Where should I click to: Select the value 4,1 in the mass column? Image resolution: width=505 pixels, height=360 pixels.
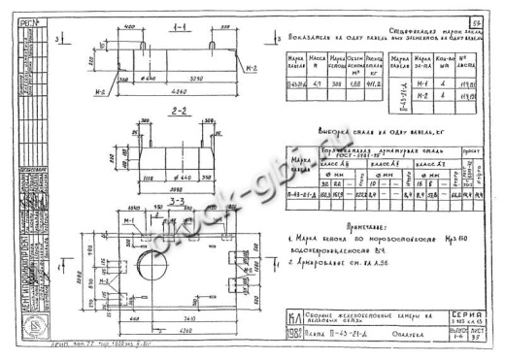click(308, 86)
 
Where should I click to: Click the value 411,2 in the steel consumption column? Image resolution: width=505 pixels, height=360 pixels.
click(368, 86)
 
